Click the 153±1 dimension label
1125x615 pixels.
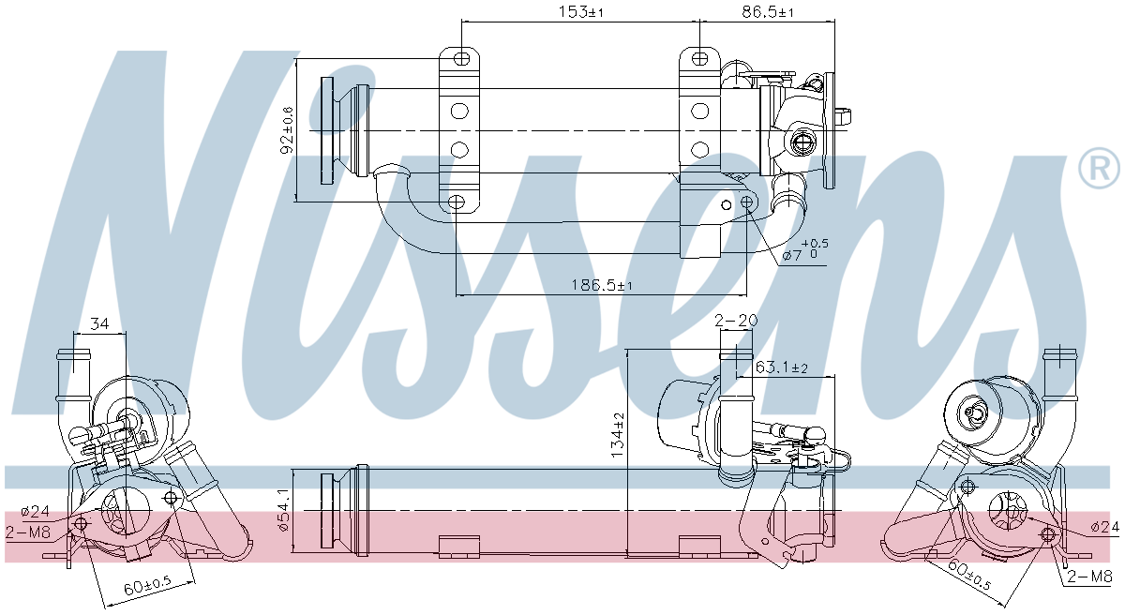pos(580,11)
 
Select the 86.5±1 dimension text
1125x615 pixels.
pos(768,11)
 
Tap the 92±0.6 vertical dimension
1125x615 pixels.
pos(288,130)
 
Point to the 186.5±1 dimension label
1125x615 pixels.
pos(602,285)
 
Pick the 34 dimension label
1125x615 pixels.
pos(99,323)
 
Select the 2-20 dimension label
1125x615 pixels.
pos(736,320)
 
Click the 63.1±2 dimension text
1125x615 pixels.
pos(782,367)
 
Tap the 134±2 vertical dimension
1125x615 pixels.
pos(617,435)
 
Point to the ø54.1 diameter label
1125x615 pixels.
pos(283,510)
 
